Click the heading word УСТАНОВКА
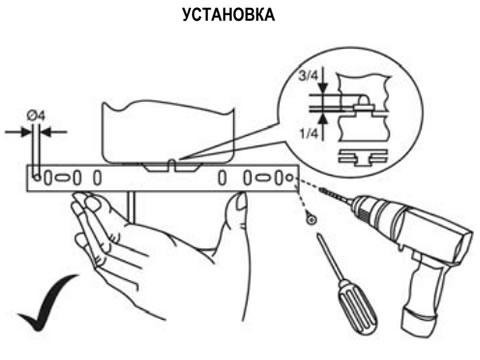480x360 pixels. click(229, 15)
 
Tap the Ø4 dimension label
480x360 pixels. click(36, 116)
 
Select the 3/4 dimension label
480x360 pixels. click(308, 76)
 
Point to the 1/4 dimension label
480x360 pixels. click(309, 134)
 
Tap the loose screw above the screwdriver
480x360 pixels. click(312, 219)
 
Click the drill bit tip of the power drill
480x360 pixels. click(322, 190)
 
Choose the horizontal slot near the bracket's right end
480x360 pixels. click(263, 178)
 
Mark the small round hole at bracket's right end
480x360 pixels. click(289, 178)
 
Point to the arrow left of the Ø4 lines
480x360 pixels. click(17, 132)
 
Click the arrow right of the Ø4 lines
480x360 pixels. click(54, 132)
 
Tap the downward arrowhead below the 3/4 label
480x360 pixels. click(323, 88)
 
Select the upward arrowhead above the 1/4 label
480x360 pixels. click(323, 119)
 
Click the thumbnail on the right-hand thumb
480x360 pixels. click(241, 202)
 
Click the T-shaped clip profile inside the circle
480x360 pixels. click(363, 158)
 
